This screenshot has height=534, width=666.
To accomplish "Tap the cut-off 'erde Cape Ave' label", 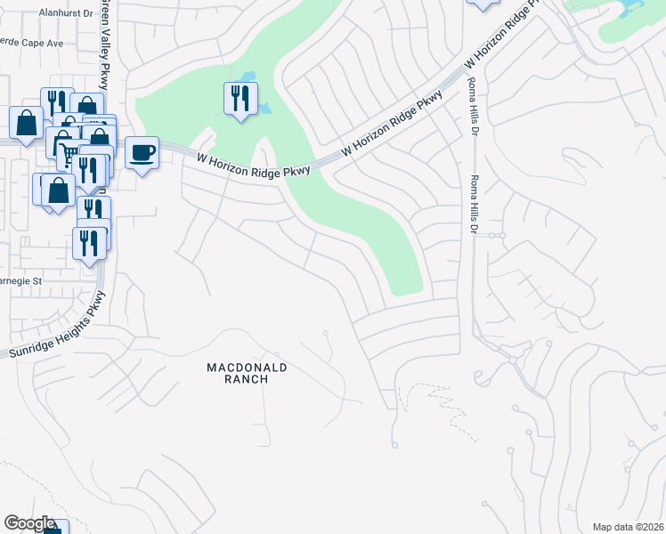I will (32, 42).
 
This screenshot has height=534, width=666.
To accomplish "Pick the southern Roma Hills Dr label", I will (474, 204).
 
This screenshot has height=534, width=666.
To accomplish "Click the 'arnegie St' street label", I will (21, 280).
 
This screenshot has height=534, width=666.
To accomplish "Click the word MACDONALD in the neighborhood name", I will (238, 367).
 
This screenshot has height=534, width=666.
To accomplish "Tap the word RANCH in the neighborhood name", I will (238, 379).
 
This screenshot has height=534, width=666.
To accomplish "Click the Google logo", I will (29, 523).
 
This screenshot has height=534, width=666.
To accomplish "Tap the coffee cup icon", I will (142, 153).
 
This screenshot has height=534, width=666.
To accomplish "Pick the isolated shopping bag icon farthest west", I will (26, 122).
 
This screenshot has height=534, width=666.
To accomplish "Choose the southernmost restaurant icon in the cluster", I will (89, 241).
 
